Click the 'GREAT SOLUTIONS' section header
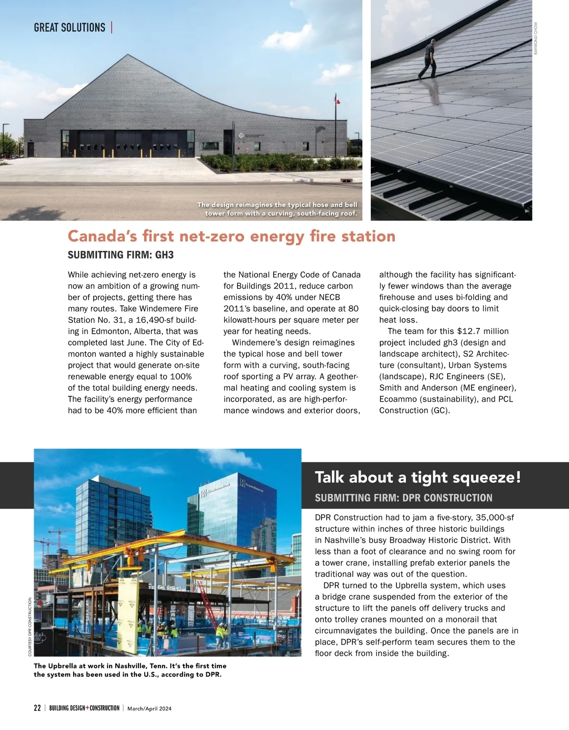[70, 27]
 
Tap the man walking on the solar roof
[428, 59]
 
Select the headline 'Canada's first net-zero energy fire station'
[231, 236]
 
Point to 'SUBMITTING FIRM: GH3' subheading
[120, 255]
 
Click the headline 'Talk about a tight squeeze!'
[418, 477]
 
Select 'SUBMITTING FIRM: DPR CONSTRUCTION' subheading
[404, 498]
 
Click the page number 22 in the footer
[37, 708]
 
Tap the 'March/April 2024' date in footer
[149, 709]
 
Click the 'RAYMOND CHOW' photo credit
[536, 38]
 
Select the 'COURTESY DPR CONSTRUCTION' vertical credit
[30, 627]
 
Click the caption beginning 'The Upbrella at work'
[130, 670]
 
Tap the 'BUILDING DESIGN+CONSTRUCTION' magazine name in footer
[84, 708]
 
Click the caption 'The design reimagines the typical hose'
[277, 209]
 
